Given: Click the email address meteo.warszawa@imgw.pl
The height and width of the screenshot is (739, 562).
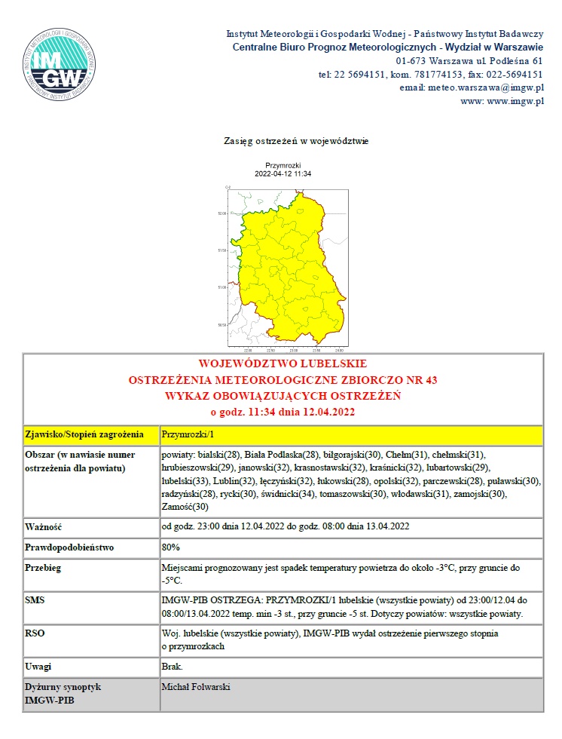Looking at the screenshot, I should tap(482, 87).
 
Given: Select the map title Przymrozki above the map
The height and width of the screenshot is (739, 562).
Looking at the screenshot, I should tap(283, 165).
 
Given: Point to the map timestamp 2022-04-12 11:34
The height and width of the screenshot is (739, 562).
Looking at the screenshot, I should tap(283, 173).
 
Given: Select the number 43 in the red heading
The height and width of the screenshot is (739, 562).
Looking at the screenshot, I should tap(430, 379).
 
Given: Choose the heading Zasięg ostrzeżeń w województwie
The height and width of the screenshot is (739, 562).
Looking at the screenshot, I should tap(296, 141).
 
